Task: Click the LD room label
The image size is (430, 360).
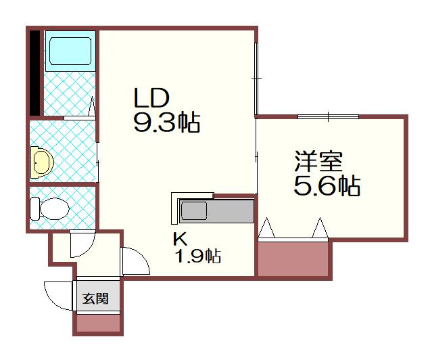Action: [x=150, y=99]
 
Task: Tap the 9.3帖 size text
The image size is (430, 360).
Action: [x=166, y=122]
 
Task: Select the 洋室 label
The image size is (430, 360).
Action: [x=318, y=162]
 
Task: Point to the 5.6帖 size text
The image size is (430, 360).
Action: [x=327, y=185]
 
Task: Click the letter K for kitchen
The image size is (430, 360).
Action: [x=179, y=238]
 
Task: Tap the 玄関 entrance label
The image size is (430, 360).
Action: [x=96, y=298]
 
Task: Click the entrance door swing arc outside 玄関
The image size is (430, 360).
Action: [x=59, y=295]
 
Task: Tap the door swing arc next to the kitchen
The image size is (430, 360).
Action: [x=133, y=261]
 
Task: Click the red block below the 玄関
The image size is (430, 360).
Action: [x=99, y=324]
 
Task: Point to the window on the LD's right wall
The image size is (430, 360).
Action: [x=256, y=78]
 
